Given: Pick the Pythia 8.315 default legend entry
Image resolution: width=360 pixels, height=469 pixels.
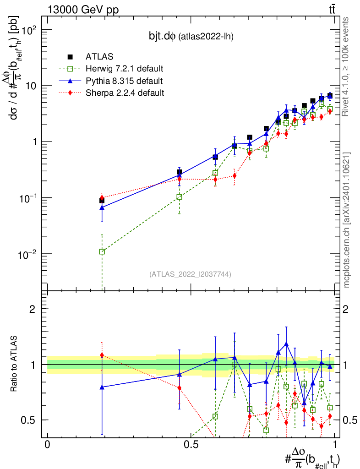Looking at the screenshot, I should (124, 81).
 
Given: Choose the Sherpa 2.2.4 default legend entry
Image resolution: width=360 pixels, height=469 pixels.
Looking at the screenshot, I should (125, 93).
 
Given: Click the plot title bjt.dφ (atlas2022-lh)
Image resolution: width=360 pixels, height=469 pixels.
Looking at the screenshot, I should (188, 37).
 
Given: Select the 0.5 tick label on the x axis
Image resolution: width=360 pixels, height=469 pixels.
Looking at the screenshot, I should (191, 444).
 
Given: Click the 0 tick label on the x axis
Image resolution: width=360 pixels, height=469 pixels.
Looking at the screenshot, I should (47, 444).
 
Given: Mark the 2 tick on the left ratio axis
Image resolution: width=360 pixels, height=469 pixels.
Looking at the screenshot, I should (33, 309).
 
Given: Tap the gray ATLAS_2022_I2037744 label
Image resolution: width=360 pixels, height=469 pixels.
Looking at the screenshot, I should (190, 274).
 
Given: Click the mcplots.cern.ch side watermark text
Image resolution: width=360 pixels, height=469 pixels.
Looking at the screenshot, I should (347, 219).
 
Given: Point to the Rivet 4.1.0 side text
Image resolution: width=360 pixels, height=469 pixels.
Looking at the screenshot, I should (347, 66).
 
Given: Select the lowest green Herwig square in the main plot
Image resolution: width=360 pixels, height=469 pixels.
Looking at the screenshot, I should (102, 251).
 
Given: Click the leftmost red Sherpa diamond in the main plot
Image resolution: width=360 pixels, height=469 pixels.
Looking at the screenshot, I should (102, 197).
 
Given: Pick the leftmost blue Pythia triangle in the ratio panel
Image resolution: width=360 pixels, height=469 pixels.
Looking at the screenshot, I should (102, 387).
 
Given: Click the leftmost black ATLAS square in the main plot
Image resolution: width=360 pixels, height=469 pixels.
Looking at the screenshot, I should (102, 201).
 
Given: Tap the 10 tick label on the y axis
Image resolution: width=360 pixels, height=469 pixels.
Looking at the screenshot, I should (30, 86).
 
